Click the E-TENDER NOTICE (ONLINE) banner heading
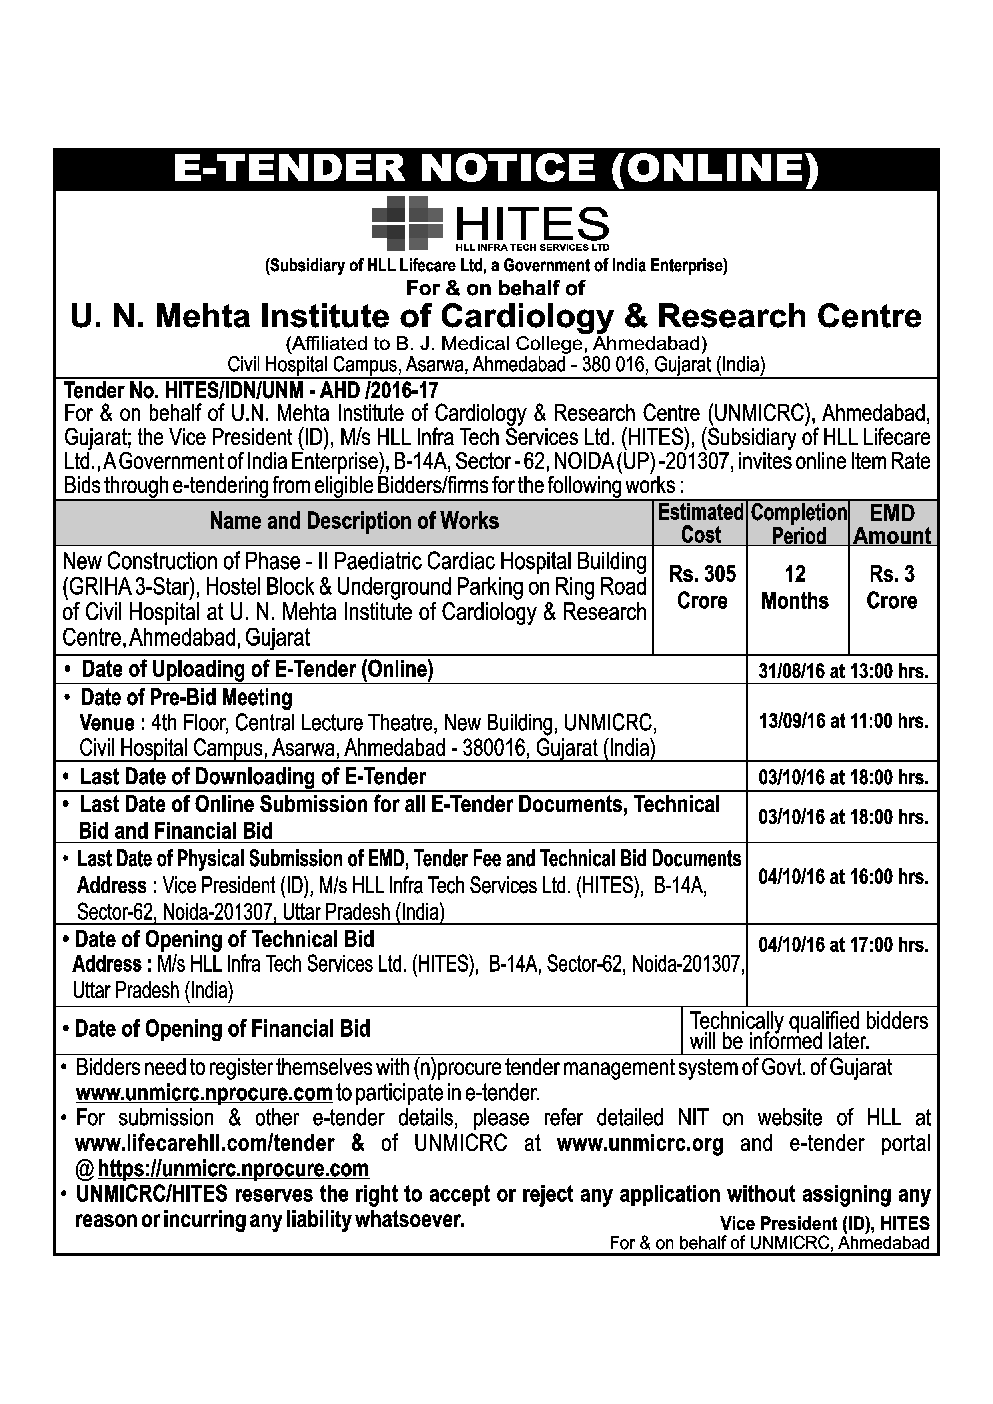click(496, 169)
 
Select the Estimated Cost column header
click(700, 523)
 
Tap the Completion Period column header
click(798, 523)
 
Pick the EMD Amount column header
click(893, 524)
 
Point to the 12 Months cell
click(795, 587)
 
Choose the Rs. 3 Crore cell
click(892, 587)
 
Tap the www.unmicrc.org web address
click(640, 1143)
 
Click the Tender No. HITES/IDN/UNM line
click(251, 390)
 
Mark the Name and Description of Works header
click(354, 521)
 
